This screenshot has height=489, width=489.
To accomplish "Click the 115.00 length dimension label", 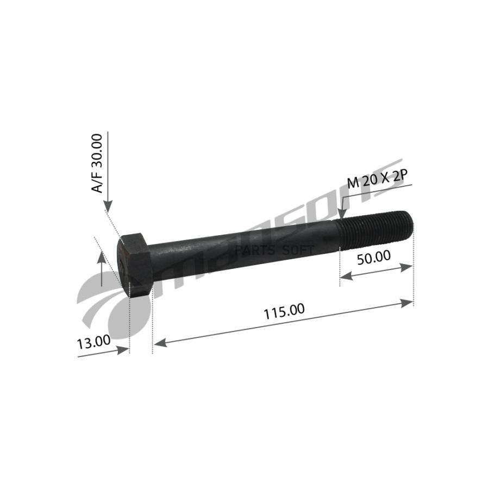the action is click(x=284, y=311).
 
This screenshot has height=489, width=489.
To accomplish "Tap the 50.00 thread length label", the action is click(x=374, y=258).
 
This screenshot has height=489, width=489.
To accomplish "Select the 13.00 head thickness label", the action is click(x=93, y=342).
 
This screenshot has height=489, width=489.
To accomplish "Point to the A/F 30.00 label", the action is click(x=97, y=164).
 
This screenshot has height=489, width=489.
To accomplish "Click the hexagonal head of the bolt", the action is click(x=134, y=265).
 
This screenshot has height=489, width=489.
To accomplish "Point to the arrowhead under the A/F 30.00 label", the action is click(x=108, y=206).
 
